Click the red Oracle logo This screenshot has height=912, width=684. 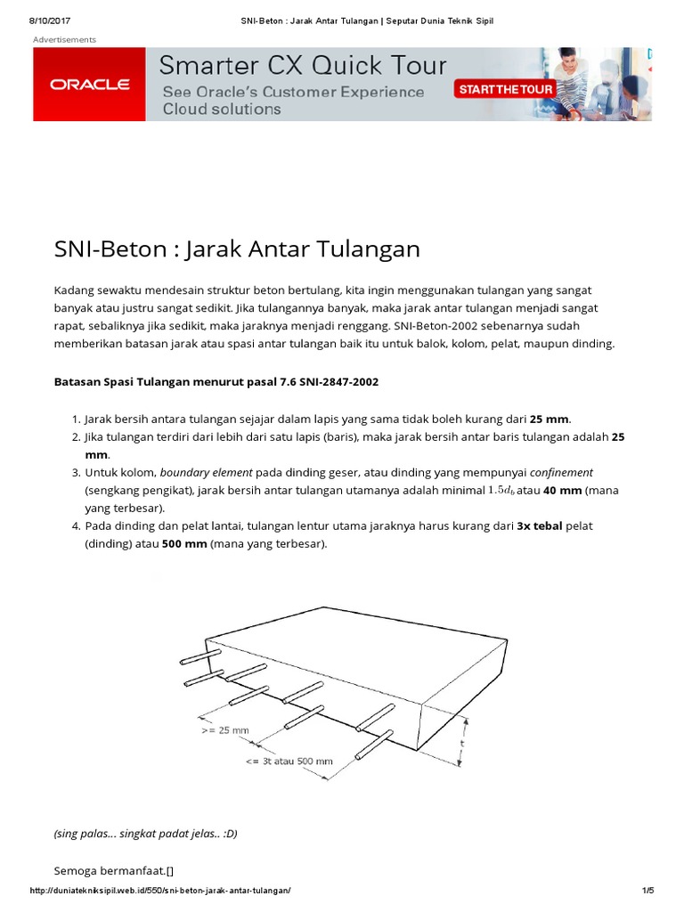click(90, 85)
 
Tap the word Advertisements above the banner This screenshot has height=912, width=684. click(64, 39)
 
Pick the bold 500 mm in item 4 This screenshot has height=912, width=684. click(184, 543)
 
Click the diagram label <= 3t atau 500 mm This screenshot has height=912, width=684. click(289, 761)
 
